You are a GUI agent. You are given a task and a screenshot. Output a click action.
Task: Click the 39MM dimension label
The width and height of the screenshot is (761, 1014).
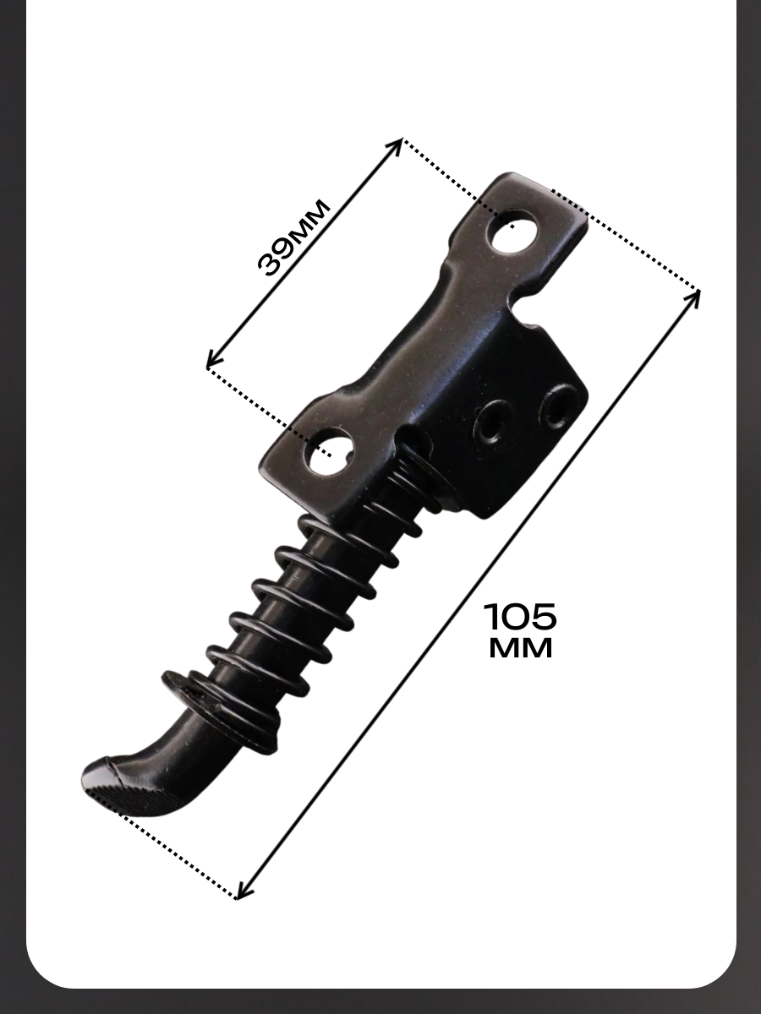pyautogui.click(x=293, y=237)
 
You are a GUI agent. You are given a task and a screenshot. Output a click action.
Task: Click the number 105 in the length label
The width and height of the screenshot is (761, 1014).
pyautogui.click(x=520, y=616)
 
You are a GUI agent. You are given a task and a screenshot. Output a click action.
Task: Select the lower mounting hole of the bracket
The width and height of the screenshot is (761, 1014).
pyautogui.click(x=330, y=452)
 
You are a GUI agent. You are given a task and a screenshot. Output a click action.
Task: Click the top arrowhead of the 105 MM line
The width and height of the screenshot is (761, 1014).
pyautogui.click(x=693, y=297)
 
